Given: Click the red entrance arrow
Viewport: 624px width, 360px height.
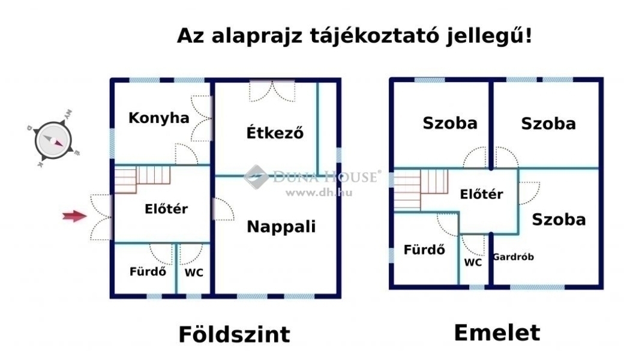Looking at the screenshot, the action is pyautogui.click(x=74, y=216).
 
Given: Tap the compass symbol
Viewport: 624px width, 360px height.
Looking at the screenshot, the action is pyautogui.click(x=53, y=140).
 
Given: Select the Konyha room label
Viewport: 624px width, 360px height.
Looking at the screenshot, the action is pyautogui.click(x=159, y=118).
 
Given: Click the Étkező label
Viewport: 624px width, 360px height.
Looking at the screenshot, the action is pyautogui.click(x=275, y=132).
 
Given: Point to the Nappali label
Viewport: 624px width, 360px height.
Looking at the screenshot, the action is pyautogui.click(x=281, y=226).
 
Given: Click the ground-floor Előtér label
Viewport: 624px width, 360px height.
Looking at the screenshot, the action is pyautogui.click(x=166, y=209).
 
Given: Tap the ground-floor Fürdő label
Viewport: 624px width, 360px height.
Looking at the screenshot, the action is pyautogui.click(x=148, y=271).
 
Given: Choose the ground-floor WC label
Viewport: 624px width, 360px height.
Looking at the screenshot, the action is pyautogui.click(x=194, y=272).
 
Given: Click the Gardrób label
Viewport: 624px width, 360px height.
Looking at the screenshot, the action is pyautogui.click(x=514, y=257).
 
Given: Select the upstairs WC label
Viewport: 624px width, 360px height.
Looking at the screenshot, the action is pyautogui.click(x=473, y=263).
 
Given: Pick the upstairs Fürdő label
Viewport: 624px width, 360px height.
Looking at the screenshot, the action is pyautogui.click(x=424, y=250).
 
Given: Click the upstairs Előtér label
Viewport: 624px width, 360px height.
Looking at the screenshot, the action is pyautogui.click(x=482, y=194).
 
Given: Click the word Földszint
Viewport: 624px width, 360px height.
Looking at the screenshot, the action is pyautogui.click(x=235, y=334).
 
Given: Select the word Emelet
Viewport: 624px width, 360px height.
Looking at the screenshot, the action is pyautogui.click(x=497, y=332).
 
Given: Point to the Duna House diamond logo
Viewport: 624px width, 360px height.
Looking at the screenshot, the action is pyautogui.click(x=256, y=176).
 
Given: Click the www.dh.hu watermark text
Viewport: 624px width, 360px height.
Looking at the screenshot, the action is pyautogui.click(x=319, y=193).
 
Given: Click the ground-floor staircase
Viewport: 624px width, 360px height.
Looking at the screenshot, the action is pyautogui.click(x=142, y=179).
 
